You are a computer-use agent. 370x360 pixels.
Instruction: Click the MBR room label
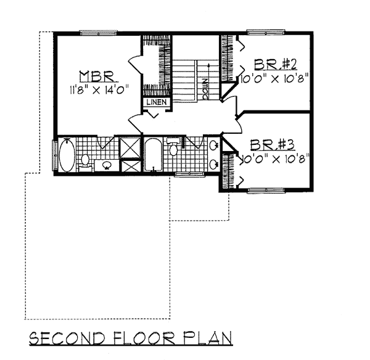coord(97,76)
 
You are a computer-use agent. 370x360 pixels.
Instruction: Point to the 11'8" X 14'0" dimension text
coord(99,90)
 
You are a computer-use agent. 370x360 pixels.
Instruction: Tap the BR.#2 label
coord(275,64)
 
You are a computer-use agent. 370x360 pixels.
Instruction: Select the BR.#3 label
coord(273,145)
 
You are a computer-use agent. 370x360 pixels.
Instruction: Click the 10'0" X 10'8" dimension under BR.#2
coord(274,79)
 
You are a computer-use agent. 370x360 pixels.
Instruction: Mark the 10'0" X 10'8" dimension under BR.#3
coord(274,159)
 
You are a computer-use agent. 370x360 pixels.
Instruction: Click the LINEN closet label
coord(157,102)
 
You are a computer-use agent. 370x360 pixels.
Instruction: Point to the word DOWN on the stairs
coord(205,89)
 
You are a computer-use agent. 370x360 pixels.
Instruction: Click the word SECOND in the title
coord(67,338)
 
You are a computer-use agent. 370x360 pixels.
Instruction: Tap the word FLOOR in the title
coord(144,338)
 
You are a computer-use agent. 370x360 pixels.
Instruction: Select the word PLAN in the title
coord(208,338)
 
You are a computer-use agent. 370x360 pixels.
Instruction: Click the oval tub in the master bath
coord(67,155)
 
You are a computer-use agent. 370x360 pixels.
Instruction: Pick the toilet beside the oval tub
coord(84,162)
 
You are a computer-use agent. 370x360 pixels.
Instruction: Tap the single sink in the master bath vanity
coord(107,165)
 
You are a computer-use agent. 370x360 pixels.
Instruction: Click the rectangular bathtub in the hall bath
coord(153,155)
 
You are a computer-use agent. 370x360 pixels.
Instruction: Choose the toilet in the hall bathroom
coord(173,147)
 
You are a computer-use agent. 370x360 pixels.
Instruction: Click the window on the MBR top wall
coord(99,33)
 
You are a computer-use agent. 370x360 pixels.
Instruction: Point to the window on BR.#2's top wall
coord(266,32)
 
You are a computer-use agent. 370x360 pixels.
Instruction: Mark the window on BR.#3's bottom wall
coord(266,190)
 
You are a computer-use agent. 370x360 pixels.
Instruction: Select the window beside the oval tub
coord(54,155)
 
